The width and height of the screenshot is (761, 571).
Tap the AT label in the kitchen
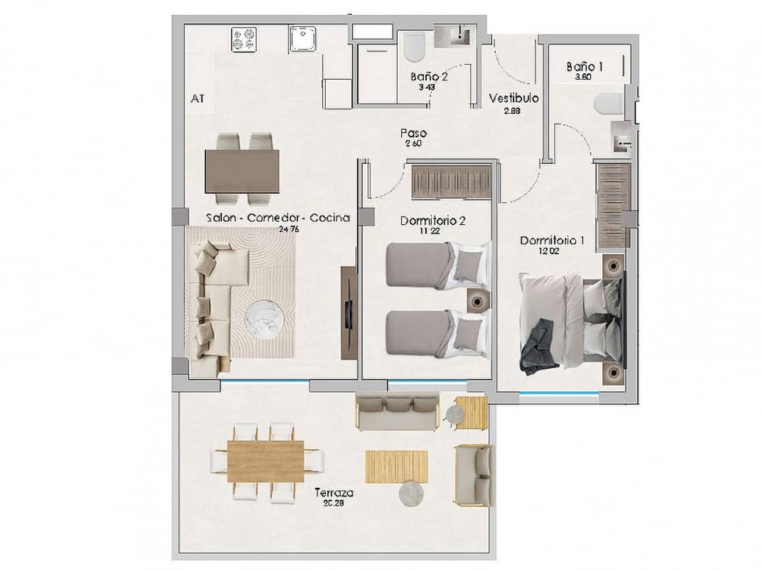[197, 99]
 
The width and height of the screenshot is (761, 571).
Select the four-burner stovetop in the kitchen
[244, 39]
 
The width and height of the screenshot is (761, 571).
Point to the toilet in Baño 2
[414, 48]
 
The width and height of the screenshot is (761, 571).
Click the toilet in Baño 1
[608, 106]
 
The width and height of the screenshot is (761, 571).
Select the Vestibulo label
[514, 98]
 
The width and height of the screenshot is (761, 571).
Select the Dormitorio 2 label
[432, 221]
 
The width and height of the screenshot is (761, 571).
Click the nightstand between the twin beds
[478, 300]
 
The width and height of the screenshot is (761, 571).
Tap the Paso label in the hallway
[413, 134]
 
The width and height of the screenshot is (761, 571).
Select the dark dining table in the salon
[241, 171]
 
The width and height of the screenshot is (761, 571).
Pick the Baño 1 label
[584, 67]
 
